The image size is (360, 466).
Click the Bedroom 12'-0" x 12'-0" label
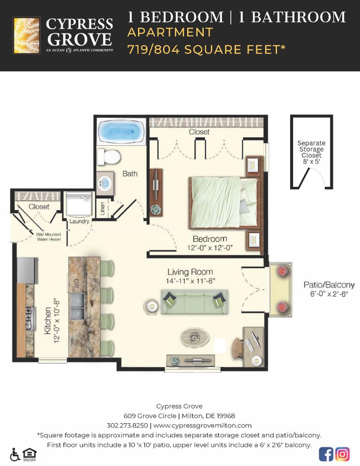point(210,243)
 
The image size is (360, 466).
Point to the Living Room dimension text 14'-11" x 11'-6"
point(190,280)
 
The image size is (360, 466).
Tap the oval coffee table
point(195,337)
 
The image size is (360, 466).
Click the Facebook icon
point(326,454)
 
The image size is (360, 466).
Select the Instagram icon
point(343,454)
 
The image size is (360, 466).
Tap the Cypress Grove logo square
point(27,35)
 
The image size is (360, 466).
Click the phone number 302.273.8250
point(127,425)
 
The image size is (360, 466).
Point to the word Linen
point(102,209)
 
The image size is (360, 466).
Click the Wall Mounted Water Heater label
point(48,237)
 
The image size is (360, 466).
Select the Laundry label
point(79,221)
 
